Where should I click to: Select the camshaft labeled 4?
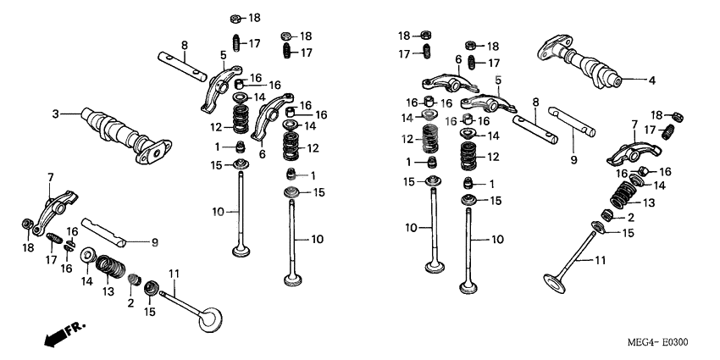[584, 64]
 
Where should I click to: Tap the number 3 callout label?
[55, 114]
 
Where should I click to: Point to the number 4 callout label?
[651, 81]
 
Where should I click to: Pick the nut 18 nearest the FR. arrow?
[27, 224]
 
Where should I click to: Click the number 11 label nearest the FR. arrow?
[174, 273]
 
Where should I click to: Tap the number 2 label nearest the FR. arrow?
[130, 302]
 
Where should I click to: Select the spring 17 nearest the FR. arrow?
[55, 239]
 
